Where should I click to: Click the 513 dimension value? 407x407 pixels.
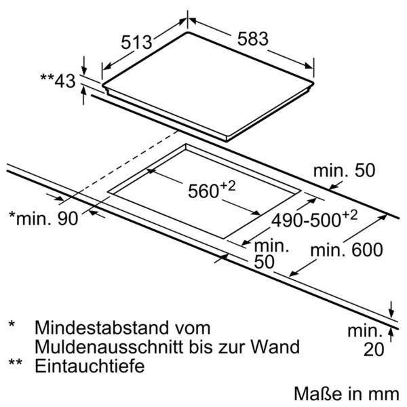[136, 42]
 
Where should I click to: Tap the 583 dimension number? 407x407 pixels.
[253, 39]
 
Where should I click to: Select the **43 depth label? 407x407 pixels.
[58, 81]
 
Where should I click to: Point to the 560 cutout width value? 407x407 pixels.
[203, 191]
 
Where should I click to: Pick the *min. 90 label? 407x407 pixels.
[43, 218]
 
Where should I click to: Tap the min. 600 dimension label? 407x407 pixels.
[347, 250]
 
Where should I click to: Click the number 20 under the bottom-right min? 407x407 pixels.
[374, 349]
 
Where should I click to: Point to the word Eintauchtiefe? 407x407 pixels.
[90, 366]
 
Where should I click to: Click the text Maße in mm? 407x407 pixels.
[347, 393]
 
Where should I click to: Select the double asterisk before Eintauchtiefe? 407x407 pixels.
[16, 362]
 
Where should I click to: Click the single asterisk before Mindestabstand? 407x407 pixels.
[12, 324]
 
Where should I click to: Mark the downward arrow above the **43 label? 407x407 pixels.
[84, 65]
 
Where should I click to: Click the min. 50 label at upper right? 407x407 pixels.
[344, 170]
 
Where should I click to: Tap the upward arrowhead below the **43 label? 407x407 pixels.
[83, 90]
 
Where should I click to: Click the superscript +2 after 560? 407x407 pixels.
[228, 186]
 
